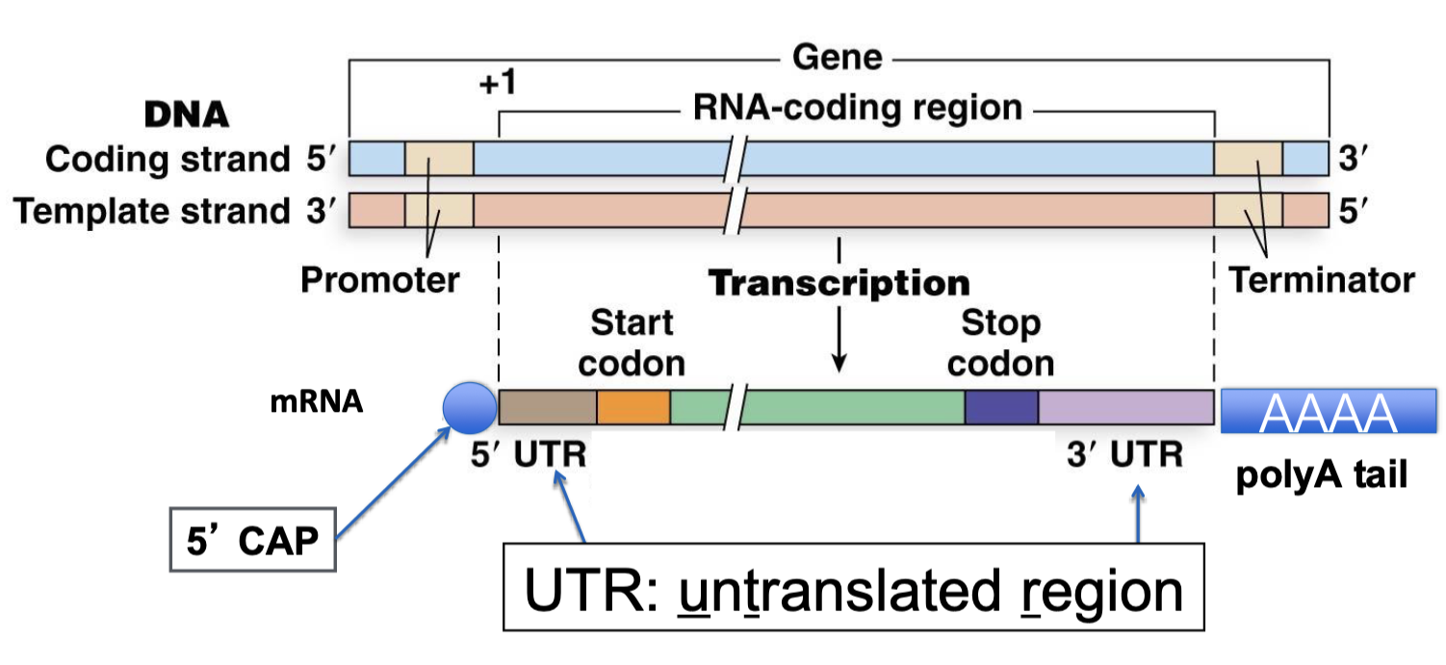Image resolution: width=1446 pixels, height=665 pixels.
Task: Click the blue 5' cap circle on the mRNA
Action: point(469,408)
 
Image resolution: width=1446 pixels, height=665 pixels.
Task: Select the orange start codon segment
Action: point(633,408)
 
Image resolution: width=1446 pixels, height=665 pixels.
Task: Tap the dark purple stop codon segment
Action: point(1001,408)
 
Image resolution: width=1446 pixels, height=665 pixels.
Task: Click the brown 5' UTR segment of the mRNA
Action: point(548,408)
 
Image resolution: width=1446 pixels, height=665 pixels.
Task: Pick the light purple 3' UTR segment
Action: point(1125,408)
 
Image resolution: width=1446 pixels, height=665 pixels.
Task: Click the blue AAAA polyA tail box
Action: point(1329,411)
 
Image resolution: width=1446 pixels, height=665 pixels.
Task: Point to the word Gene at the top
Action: point(837,58)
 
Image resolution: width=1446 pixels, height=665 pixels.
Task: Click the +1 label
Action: point(498,84)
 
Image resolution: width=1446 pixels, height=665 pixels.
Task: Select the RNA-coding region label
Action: point(857,107)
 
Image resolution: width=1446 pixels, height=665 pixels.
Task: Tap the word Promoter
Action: point(380,280)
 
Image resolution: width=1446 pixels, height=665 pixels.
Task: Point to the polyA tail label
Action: point(1322,473)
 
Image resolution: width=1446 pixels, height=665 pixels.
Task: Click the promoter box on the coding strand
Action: point(439,159)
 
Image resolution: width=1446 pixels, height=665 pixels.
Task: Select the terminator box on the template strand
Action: point(1248,210)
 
